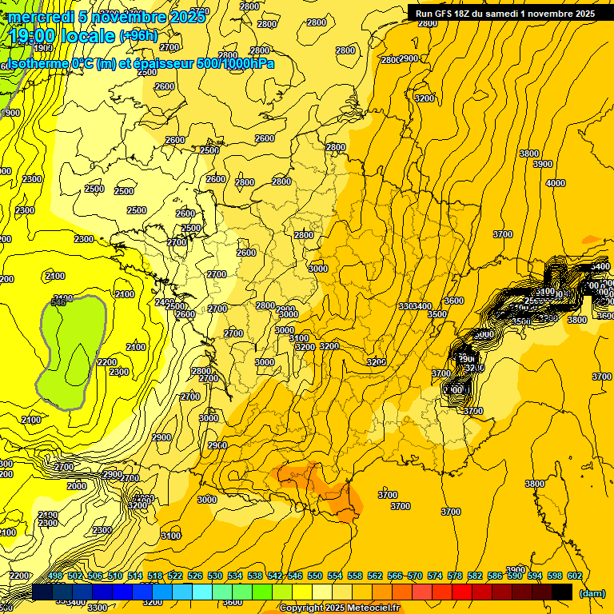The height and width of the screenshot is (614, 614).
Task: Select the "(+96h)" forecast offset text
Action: point(138,36)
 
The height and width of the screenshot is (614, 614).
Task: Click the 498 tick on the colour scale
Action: point(55,576)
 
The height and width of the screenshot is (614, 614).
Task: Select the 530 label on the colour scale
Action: point(215,576)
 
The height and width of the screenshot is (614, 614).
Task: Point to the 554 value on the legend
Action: point(335,576)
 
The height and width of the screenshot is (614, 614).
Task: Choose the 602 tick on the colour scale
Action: point(575,576)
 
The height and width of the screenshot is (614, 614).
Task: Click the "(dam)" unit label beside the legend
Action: point(592,592)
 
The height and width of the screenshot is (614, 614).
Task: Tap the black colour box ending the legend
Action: point(562,592)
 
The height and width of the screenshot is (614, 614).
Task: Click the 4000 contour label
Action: point(555,183)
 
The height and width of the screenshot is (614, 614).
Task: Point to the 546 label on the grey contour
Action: point(58,302)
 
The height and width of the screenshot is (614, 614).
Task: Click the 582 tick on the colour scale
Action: point(475,576)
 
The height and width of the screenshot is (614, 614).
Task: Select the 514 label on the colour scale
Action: point(135,576)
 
